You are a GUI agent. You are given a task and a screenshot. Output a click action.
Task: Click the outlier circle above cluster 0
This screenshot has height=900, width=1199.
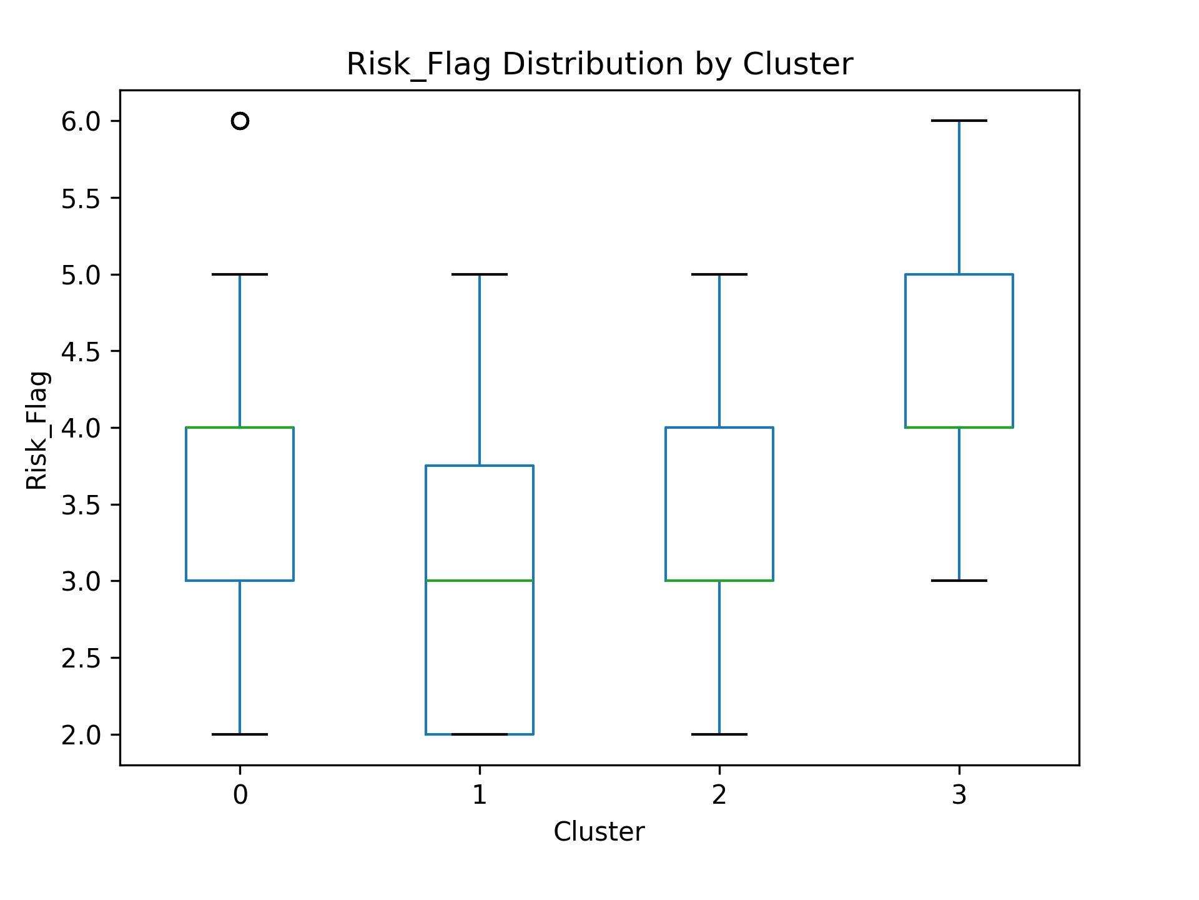[x=240, y=121]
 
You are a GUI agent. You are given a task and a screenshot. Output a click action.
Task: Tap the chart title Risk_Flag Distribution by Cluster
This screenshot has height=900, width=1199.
[x=599, y=64]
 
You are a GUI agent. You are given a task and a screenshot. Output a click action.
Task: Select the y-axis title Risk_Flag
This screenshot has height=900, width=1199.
[x=37, y=431]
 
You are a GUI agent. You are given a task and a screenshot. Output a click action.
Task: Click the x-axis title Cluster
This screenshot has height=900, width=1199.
[x=599, y=832]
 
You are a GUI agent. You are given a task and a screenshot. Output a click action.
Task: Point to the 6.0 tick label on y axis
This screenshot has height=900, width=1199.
[x=81, y=121]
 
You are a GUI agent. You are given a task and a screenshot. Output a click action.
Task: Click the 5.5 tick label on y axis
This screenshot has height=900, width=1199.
[x=81, y=198]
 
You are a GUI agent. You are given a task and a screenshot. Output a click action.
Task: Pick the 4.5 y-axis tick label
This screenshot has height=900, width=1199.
[x=81, y=351]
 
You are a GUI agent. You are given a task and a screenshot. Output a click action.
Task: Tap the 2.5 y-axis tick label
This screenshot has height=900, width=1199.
[x=81, y=658]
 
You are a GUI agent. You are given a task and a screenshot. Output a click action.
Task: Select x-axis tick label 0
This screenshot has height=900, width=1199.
[x=240, y=795]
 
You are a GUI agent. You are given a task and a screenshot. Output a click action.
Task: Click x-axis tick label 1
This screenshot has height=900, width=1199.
[x=480, y=795]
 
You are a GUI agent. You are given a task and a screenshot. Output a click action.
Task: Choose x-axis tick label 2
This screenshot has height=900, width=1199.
[x=719, y=795]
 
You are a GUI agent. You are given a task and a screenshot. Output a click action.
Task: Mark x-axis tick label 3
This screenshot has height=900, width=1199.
[x=959, y=795]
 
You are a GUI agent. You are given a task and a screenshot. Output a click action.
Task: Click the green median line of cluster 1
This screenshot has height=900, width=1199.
[x=480, y=581]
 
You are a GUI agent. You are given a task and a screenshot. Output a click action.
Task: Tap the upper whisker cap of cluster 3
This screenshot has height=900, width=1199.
[x=959, y=120]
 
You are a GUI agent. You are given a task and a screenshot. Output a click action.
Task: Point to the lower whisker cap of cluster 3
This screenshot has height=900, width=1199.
[x=959, y=581]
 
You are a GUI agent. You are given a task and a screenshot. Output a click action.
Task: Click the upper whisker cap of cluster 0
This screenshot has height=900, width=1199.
[x=240, y=274]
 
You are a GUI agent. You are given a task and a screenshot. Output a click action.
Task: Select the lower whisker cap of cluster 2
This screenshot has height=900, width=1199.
[x=719, y=734]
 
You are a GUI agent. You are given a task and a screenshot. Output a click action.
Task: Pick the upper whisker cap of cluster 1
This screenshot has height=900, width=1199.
[x=480, y=274]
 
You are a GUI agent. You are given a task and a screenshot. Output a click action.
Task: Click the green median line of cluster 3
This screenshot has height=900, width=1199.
[x=959, y=427]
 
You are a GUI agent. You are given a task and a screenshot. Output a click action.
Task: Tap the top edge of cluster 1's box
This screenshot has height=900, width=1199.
[x=480, y=466]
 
